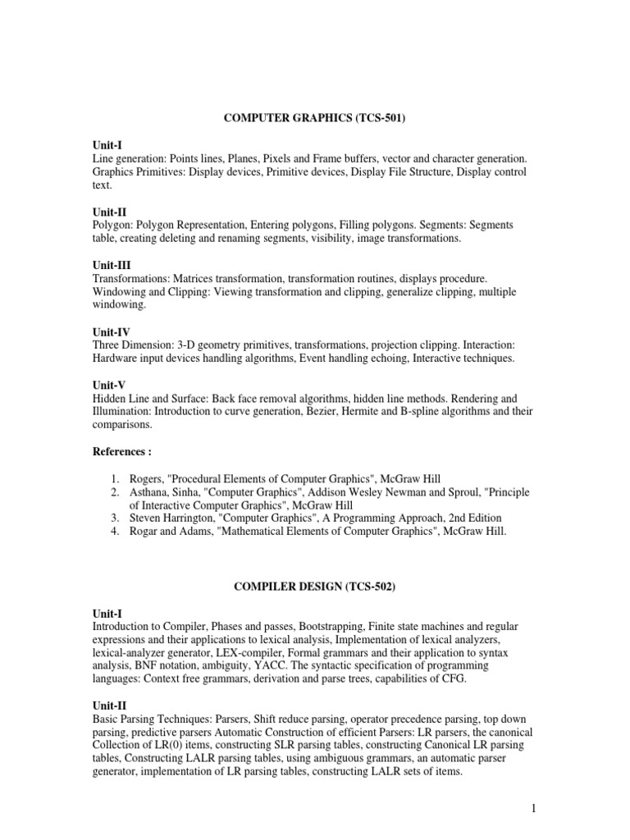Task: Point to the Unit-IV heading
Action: [113, 332]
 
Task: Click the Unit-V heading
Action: [111, 386]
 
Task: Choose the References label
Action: [122, 452]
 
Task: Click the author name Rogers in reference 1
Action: [148, 478]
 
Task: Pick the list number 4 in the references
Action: [117, 532]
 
